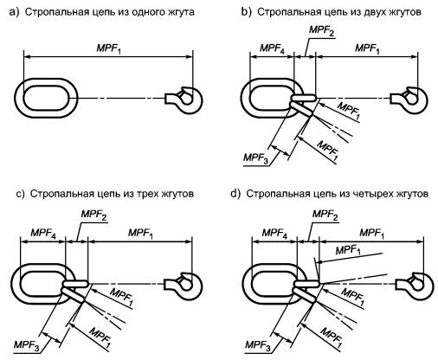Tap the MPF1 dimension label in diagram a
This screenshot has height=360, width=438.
click(x=109, y=48)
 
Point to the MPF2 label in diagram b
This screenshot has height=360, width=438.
click(x=321, y=31)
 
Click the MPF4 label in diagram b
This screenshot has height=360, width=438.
click(x=272, y=48)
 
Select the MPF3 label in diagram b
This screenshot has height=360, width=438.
click(x=256, y=158)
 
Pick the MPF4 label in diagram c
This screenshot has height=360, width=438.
click(x=43, y=233)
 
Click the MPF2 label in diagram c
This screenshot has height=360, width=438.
click(x=93, y=215)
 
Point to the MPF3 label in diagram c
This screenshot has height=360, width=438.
click(x=26, y=345)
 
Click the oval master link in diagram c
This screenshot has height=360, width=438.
click(x=16, y=284)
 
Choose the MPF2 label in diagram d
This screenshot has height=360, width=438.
click(x=325, y=215)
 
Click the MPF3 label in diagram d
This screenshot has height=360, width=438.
click(x=258, y=345)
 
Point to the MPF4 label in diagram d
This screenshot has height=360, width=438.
click(x=274, y=233)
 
